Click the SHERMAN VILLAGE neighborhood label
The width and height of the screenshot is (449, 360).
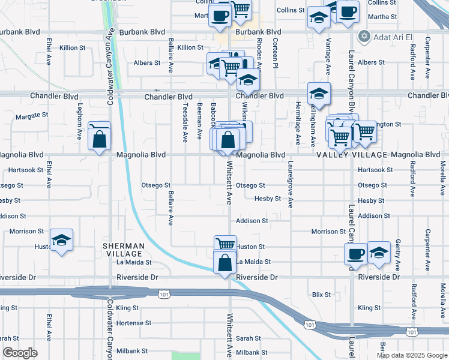(123, 250)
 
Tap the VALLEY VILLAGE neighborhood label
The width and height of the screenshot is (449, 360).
(352, 155)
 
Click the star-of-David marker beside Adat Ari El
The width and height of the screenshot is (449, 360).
(363, 37)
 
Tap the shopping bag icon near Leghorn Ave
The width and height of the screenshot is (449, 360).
(99, 139)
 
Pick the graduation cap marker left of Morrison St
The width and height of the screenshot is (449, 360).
(61, 241)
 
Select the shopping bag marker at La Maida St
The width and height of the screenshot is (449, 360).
(224, 263)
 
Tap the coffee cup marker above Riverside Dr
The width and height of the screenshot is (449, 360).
(355, 254)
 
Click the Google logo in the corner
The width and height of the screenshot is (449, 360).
(20, 353)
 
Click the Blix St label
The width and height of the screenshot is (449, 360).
(322, 295)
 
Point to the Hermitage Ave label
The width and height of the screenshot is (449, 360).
(298, 123)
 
